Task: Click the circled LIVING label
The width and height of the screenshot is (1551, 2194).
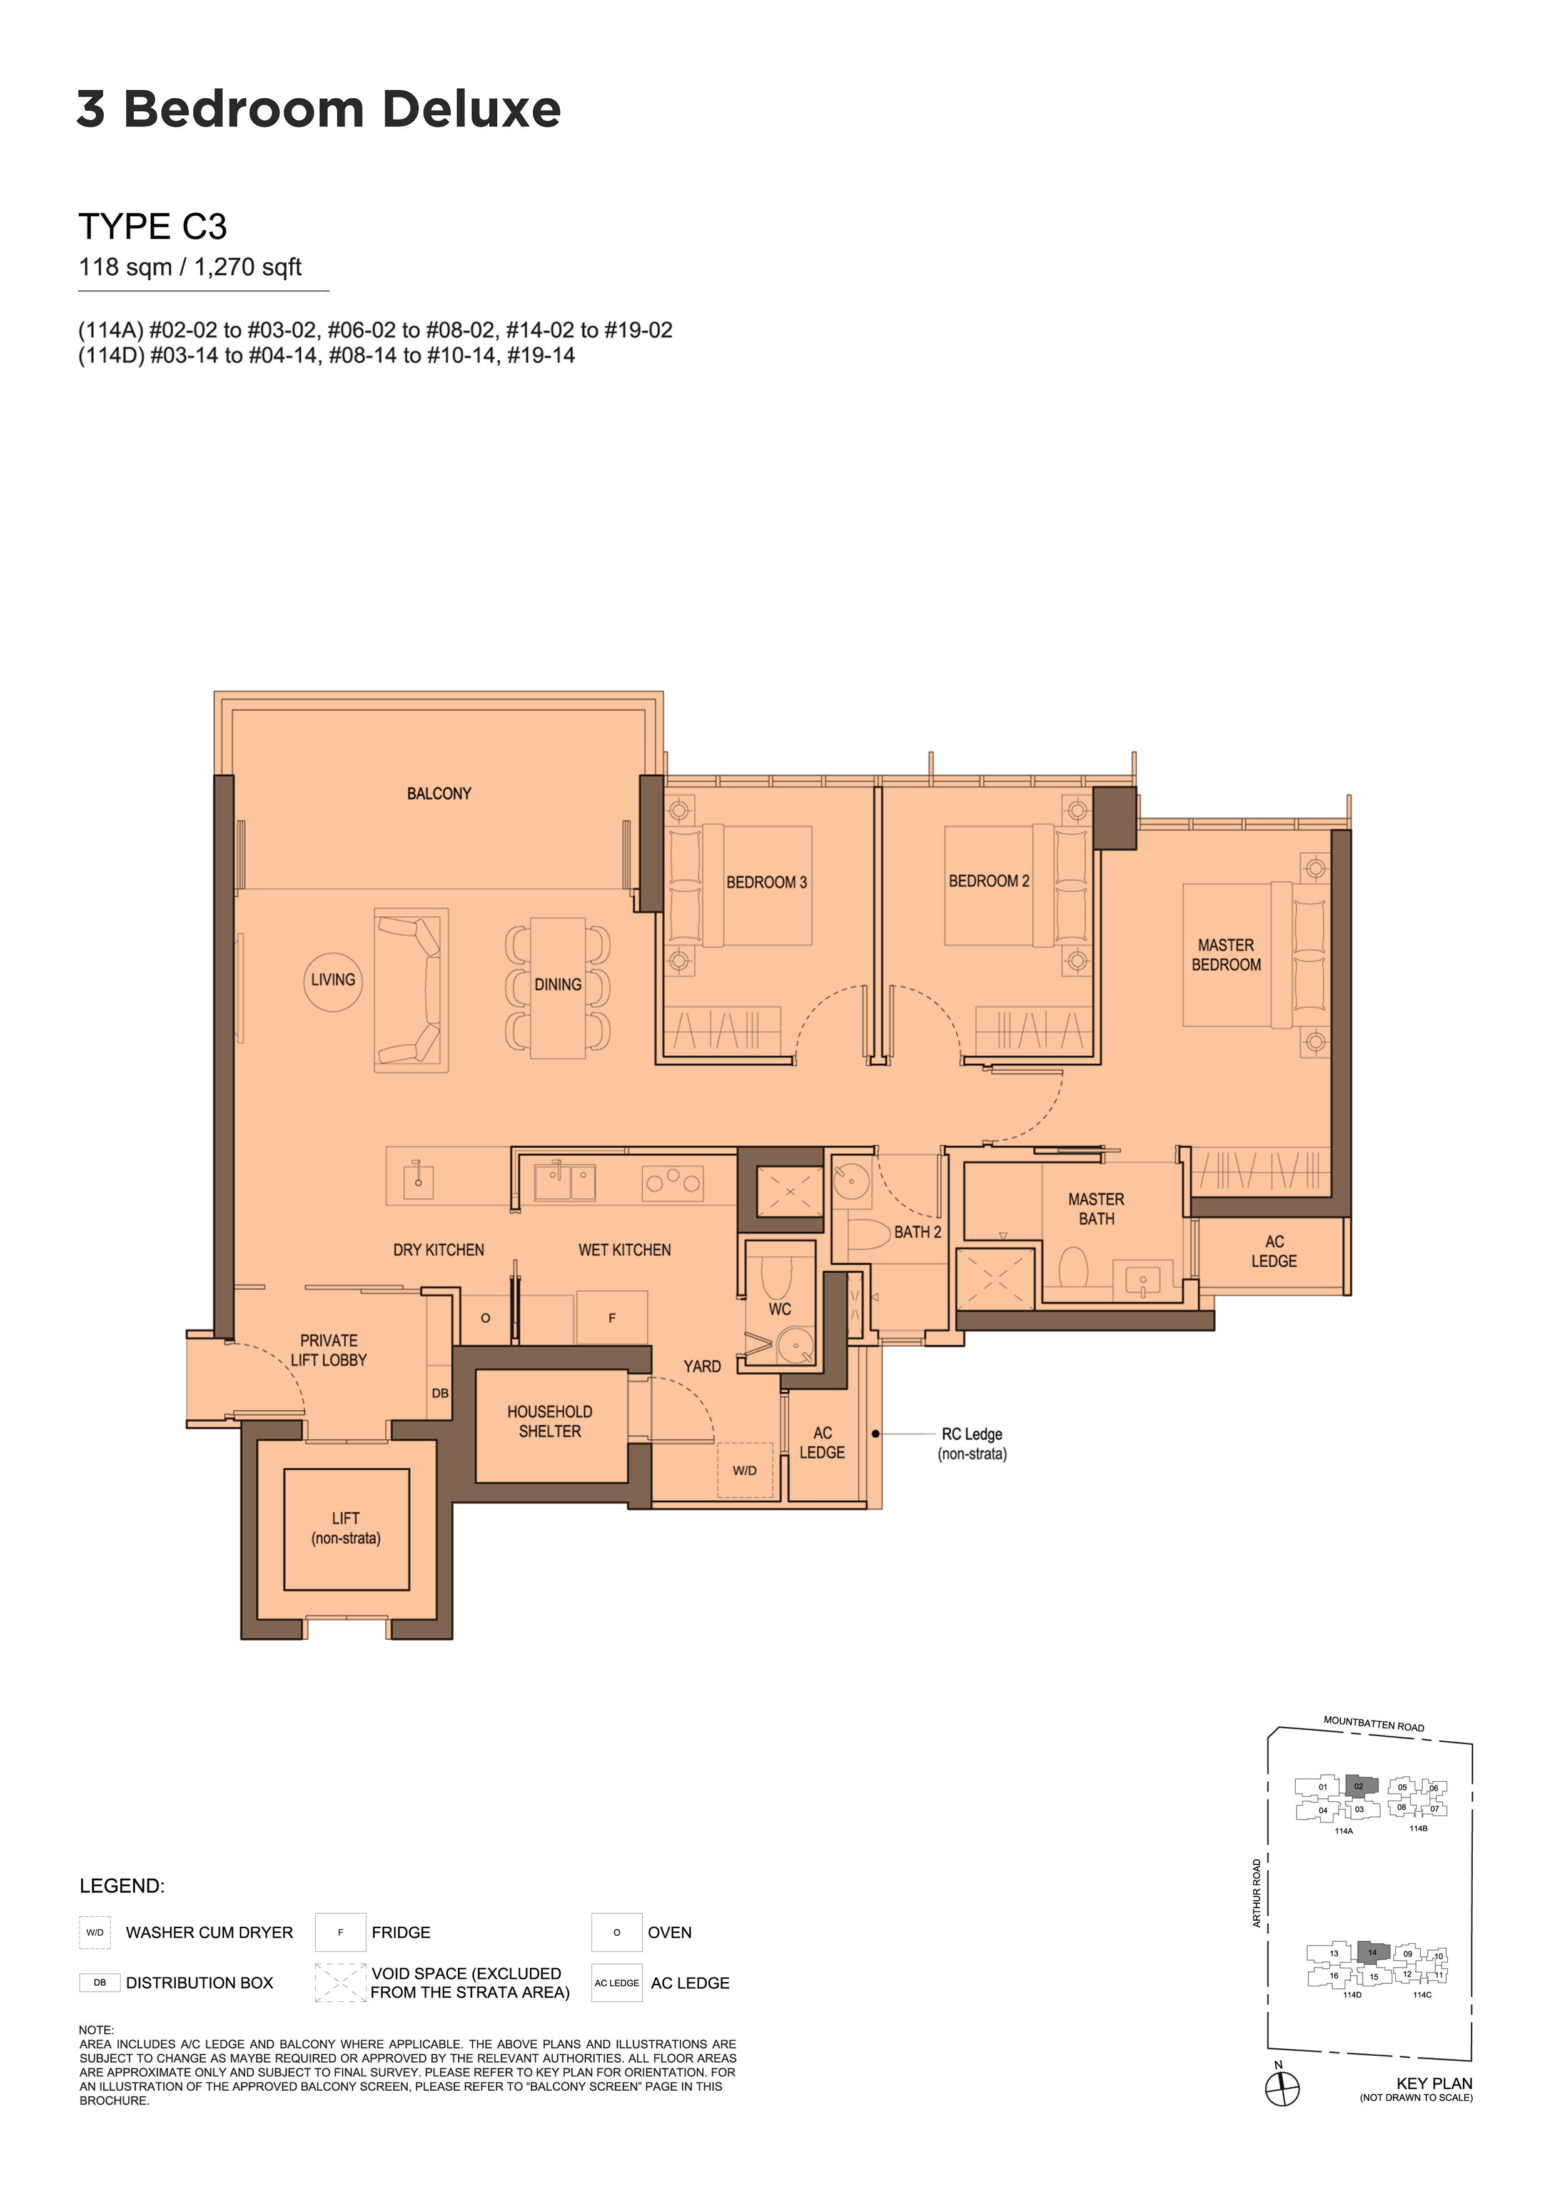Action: tap(333, 981)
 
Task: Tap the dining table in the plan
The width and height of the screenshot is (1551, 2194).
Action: tap(558, 988)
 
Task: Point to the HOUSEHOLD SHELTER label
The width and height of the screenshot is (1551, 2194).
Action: tap(550, 1421)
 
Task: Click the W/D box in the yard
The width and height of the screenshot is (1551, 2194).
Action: tap(745, 1470)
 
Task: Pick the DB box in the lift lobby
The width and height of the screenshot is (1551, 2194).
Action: tap(440, 1393)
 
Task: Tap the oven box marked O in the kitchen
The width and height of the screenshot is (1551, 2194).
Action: tap(485, 1318)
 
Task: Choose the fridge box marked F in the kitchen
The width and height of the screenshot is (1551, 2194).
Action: tap(612, 1318)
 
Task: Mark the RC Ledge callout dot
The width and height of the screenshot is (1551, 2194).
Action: tap(876, 1433)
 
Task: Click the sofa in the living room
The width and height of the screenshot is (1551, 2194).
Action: tap(411, 990)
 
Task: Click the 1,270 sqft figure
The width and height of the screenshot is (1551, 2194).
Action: tap(248, 268)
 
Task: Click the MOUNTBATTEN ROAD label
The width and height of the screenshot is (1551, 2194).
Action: tap(1373, 1724)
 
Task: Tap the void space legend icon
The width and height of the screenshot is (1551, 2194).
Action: tap(340, 1982)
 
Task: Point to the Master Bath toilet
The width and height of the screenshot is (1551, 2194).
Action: tap(1073, 1268)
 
